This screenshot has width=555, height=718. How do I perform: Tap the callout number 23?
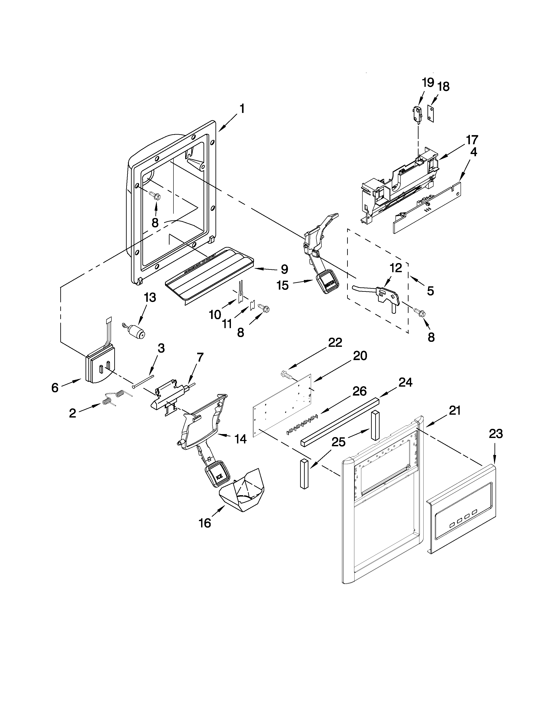(x=496, y=434)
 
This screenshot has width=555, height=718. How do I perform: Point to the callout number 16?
(x=205, y=523)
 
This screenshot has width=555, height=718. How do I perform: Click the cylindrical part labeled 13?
(x=137, y=331)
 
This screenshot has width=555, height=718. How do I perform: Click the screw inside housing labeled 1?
(x=155, y=196)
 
